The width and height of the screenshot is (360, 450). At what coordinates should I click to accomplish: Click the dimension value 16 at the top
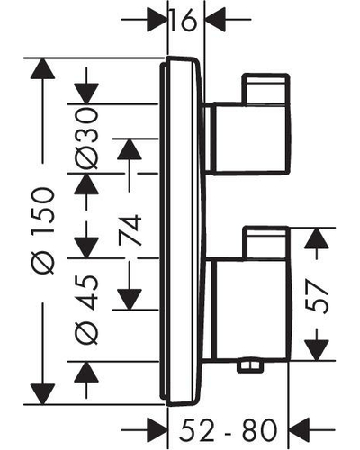coord(184,20)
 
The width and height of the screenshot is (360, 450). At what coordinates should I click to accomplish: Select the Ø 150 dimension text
coord(44,230)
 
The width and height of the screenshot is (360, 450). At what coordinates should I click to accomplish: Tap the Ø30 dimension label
coord(86,139)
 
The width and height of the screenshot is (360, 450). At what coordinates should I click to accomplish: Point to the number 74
coord(130,229)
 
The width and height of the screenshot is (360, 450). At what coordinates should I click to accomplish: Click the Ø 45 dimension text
coord(86,310)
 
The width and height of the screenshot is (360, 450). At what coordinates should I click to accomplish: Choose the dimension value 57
coord(317,296)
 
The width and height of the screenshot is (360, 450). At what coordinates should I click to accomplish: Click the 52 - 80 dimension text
coord(228,430)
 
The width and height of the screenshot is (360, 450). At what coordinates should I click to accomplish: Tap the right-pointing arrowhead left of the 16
coord(157,20)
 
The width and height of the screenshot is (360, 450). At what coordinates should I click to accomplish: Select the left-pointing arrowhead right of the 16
coord(215,20)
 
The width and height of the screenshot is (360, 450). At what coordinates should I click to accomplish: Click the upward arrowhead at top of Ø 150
coord(42,68)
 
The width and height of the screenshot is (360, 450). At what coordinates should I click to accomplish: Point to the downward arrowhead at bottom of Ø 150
coord(42,394)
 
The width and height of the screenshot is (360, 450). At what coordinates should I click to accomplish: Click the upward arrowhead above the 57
coord(317,238)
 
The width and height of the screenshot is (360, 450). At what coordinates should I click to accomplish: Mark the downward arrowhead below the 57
coord(317,350)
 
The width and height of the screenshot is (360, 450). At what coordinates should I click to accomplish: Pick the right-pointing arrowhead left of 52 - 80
coord(157,430)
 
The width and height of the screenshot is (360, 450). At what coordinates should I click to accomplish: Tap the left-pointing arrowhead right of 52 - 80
coord(299,430)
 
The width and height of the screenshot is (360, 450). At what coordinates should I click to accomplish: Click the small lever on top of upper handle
coord(265,89)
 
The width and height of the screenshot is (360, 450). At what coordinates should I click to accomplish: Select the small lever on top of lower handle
coord(265,243)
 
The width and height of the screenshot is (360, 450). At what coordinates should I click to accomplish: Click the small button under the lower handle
coord(250,365)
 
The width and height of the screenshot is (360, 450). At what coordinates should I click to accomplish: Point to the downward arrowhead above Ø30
coord(86,94)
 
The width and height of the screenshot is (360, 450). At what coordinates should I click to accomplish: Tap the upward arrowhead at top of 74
coord(130,149)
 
